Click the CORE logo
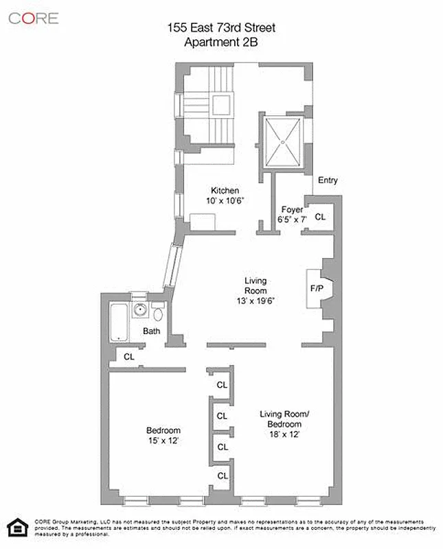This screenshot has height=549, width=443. tap(34, 18)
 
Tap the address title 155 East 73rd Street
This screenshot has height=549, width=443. tap(221, 28)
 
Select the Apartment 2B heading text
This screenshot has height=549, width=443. tap(221, 41)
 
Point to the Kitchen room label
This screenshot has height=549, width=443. tap(225, 191)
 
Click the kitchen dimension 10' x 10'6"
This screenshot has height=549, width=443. tap(225, 201)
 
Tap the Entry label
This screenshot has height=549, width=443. tap(328, 180)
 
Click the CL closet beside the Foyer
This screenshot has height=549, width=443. tap(320, 217)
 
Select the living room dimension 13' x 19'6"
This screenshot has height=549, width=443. tap(255, 300)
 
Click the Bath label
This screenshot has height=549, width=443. tap(152, 331)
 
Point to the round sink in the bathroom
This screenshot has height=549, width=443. tap(141, 309)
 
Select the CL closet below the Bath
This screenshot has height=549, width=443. tap(129, 357)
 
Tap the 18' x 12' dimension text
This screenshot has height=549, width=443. tap(285, 434)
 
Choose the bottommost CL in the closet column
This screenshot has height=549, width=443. tap(222, 475)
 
